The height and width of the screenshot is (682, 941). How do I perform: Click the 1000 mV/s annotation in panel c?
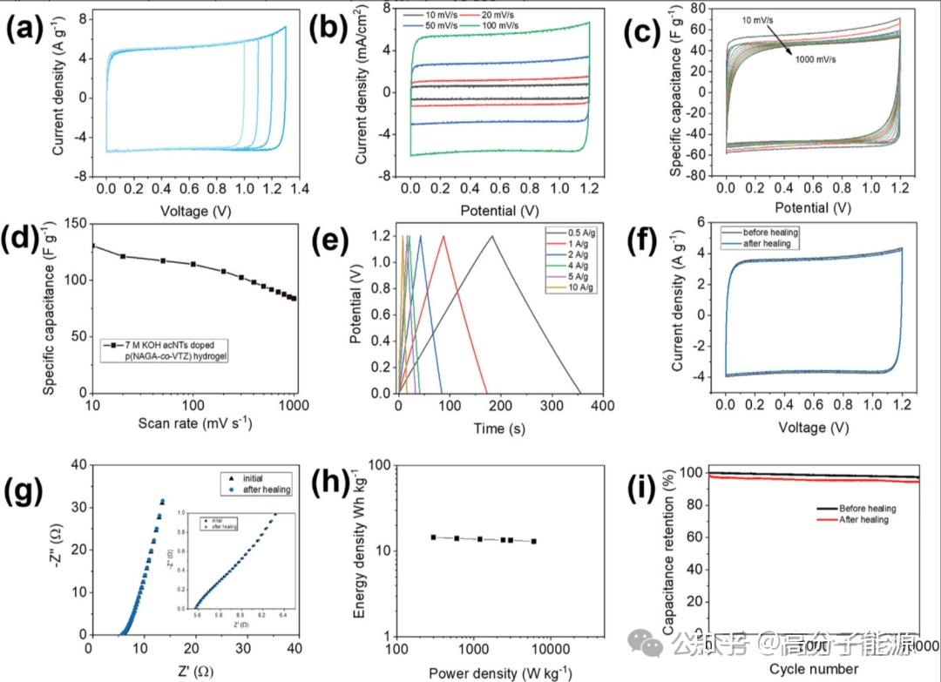tap(823, 59)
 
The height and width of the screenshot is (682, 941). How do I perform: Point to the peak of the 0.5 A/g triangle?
tap(491, 236)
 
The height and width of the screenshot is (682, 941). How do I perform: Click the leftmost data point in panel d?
tap(92, 246)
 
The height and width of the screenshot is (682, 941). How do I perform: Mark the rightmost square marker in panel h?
tap(534, 541)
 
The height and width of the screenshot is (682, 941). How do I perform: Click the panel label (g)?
tap(24, 492)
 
